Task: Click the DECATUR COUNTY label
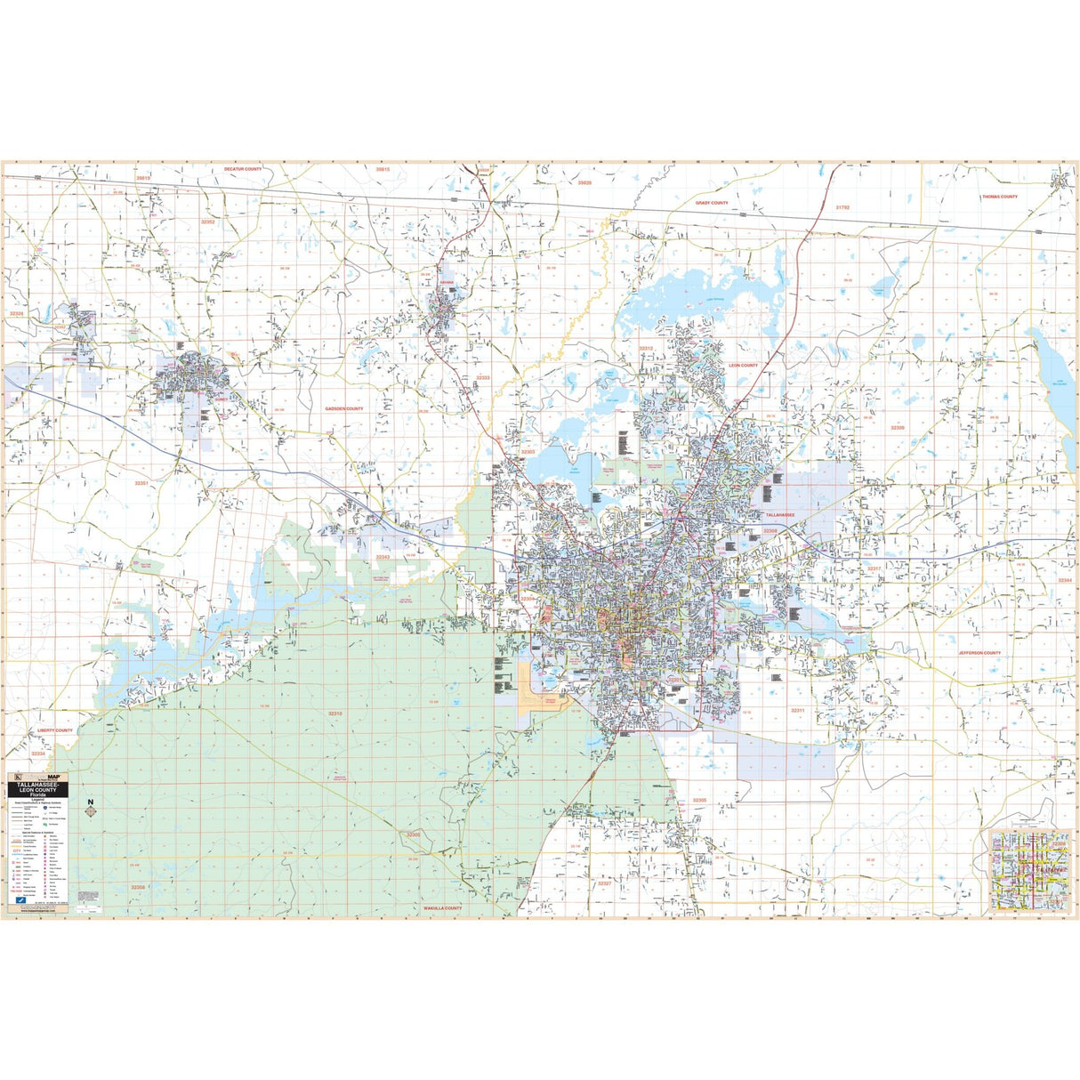[x=243, y=169]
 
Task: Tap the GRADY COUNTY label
[x=711, y=203]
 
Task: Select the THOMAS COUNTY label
[x=999, y=197]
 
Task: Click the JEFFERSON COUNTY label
[x=979, y=653]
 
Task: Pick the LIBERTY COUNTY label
[x=55, y=729]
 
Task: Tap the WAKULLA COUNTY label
[x=442, y=908]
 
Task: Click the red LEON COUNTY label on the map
[x=743, y=366]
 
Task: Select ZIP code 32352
[x=208, y=222]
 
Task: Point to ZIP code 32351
[x=142, y=483]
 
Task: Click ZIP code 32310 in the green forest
[x=334, y=713]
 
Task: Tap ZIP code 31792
[x=842, y=206]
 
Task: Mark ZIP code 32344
[x=1065, y=580]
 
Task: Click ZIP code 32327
[x=605, y=883]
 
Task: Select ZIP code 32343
[x=383, y=557]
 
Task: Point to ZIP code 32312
[x=646, y=349]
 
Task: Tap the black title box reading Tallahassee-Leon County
[x=36, y=789]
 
